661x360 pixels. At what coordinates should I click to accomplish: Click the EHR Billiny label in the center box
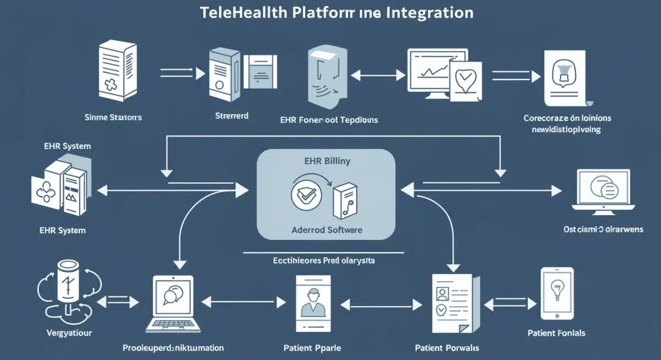point(326,162)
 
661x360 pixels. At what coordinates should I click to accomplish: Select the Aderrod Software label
point(327,230)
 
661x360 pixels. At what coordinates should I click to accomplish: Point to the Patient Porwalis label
point(447,348)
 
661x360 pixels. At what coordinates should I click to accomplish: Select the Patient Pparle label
point(312,348)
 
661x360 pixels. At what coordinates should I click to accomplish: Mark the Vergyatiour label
point(69,333)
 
